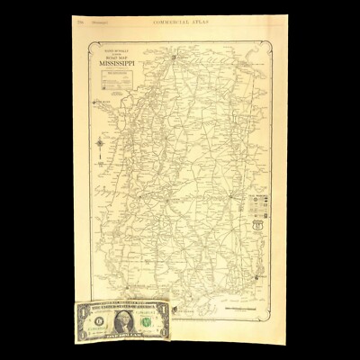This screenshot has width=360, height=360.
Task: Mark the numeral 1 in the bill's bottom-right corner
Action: pyautogui.click(x=163, y=332)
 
